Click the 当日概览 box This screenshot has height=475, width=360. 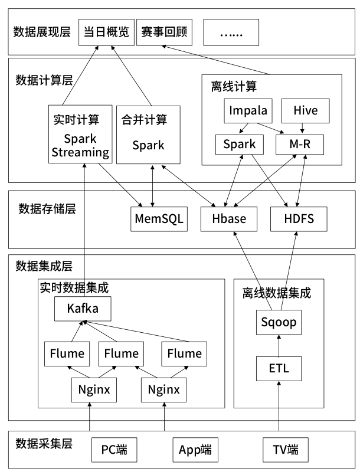pyautogui.click(x=106, y=32)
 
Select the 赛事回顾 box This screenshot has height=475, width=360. pyautogui.click(x=165, y=32)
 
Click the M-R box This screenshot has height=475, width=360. pyautogui.click(x=300, y=144)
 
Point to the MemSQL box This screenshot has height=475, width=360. pyautogui.click(x=158, y=220)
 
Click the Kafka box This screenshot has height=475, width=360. pyautogui.click(x=83, y=308)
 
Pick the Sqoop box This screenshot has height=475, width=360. pyautogui.click(x=277, y=323)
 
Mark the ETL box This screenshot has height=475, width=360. pyautogui.click(x=277, y=369)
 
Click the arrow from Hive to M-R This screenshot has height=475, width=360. pyautogui.click(x=302, y=127)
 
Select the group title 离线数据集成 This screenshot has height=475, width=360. pyautogui.click(x=277, y=293)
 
